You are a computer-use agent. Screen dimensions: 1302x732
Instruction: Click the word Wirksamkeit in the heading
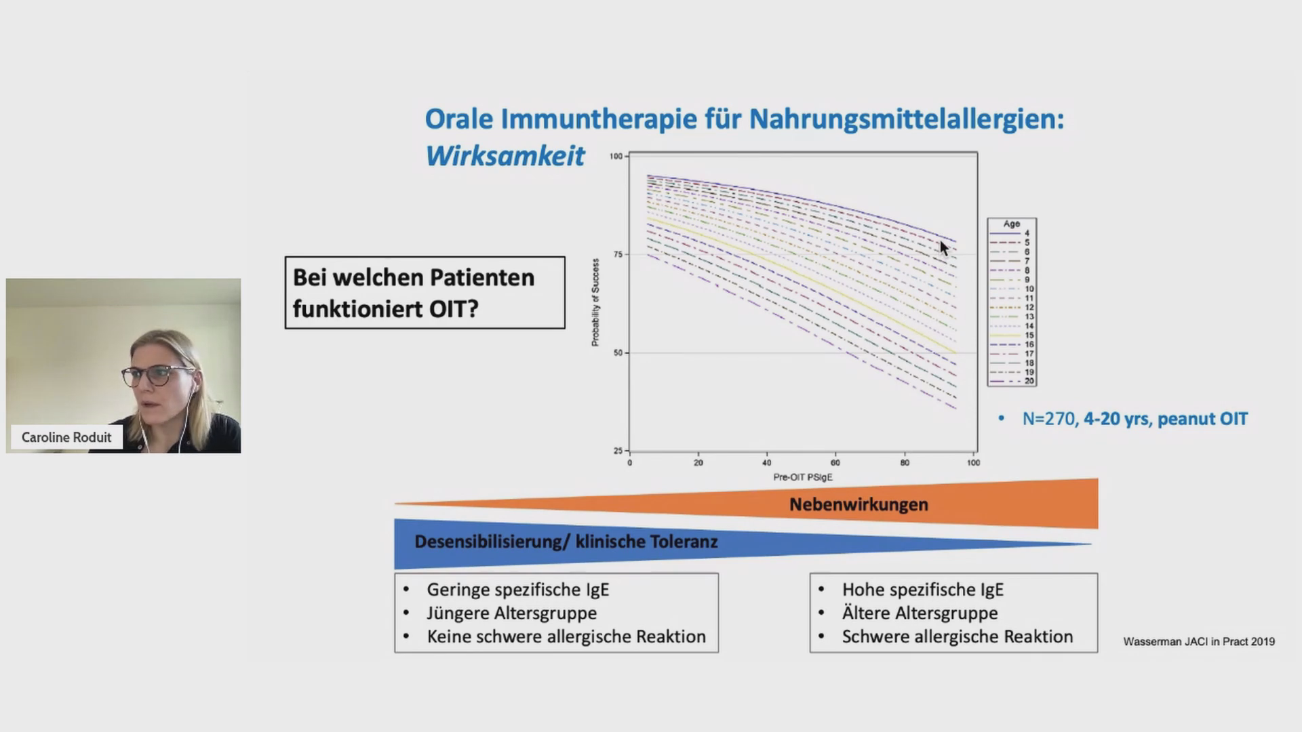[x=505, y=156]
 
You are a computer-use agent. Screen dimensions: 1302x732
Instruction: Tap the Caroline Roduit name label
[x=66, y=437]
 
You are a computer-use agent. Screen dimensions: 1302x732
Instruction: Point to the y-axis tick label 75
[x=618, y=254]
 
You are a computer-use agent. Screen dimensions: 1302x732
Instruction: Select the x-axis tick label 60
[x=835, y=463]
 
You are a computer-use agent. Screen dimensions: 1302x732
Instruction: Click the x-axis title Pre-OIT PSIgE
[x=803, y=477]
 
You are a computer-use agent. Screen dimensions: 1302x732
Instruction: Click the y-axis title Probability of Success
[x=595, y=302]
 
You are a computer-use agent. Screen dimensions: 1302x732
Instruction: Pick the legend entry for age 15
[x=1012, y=335]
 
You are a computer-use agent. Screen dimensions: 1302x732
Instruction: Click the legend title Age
[x=1012, y=224]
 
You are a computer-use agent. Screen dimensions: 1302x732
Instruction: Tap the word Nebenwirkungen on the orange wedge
[x=859, y=504]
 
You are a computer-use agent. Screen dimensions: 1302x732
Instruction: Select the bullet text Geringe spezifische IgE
[x=518, y=590]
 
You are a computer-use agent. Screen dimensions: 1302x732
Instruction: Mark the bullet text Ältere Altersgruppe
[x=920, y=613]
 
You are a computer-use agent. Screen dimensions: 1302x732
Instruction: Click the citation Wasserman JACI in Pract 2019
[x=1199, y=641]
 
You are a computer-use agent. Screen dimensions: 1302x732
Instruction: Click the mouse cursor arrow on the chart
[x=944, y=248]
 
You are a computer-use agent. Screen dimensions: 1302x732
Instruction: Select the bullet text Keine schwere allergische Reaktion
[x=566, y=636]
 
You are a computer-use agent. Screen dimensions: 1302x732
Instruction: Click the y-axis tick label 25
[x=618, y=451]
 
